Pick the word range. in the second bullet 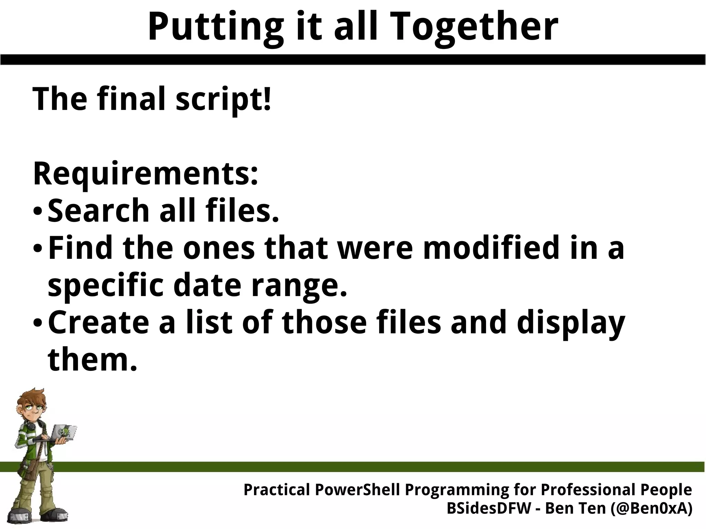tap(299, 286)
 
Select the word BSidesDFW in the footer tap(489, 508)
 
